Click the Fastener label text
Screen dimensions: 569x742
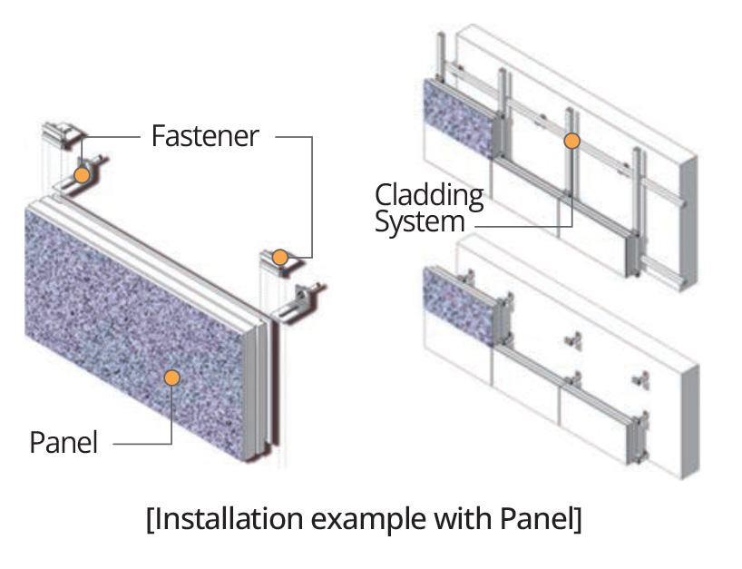205,136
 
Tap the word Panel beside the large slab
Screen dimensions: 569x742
63,444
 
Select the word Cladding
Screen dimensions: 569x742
429,194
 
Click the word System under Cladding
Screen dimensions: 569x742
419,221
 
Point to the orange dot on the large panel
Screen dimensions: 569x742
171,377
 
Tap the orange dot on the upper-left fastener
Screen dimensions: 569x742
83,173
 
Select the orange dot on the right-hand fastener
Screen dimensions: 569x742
280,258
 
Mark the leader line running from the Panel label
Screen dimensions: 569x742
145,444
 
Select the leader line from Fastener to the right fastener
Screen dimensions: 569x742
312,195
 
